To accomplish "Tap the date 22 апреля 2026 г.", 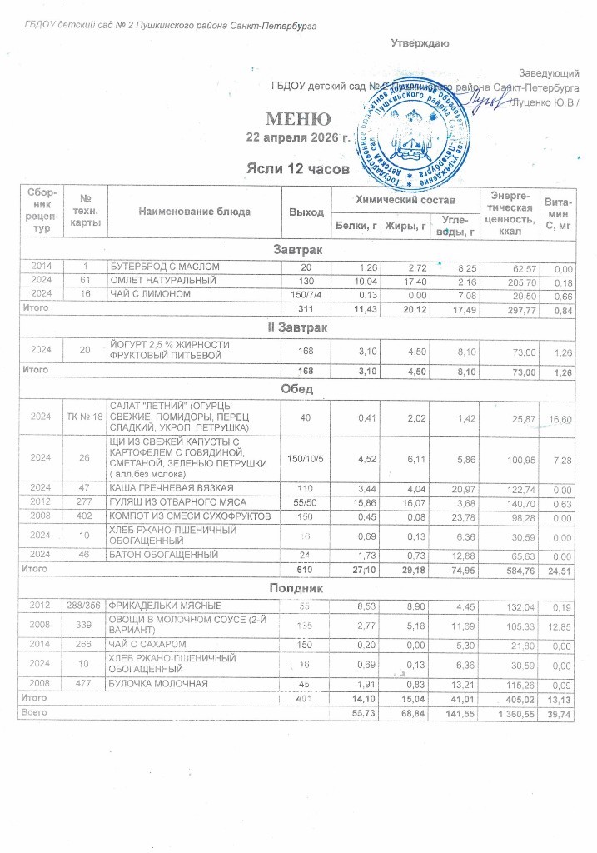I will pos(299,137).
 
